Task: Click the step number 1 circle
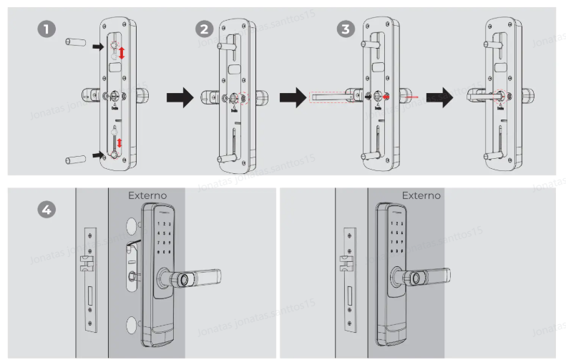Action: pos(46,29)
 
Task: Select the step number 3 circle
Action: pos(346,29)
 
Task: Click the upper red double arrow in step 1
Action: pos(121,52)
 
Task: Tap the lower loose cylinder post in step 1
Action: pos(74,157)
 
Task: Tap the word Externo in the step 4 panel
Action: pos(147,195)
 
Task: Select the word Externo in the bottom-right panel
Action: pos(421,195)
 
